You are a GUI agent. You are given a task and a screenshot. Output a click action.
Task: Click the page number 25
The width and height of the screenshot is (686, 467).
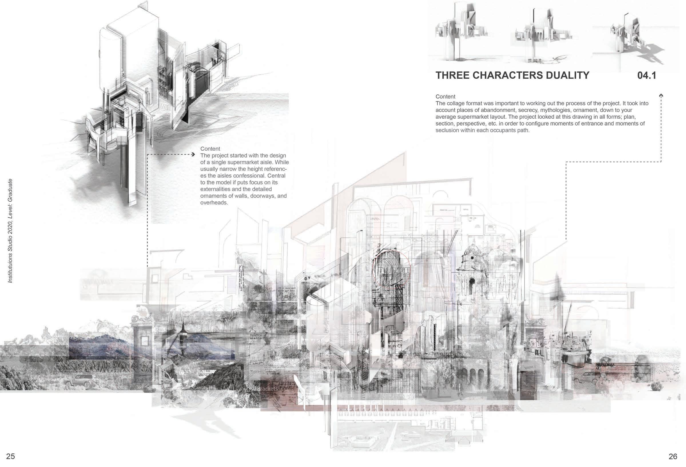coord(10,456)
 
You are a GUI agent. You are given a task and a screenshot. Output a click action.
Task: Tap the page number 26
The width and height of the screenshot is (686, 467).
coord(673,456)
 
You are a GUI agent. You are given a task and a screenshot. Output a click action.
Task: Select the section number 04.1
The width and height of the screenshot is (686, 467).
coord(647,75)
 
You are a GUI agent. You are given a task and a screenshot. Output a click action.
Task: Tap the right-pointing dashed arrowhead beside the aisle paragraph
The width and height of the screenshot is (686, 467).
coord(193,154)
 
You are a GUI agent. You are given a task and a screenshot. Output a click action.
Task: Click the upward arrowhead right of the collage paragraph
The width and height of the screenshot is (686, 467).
coord(661,96)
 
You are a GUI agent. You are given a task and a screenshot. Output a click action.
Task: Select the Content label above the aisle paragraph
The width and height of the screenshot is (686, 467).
coord(210,149)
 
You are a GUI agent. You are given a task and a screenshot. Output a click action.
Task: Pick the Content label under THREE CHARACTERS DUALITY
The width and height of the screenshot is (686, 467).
coord(446,97)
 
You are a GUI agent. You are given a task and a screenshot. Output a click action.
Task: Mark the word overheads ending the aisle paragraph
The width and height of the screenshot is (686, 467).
coord(213,203)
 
